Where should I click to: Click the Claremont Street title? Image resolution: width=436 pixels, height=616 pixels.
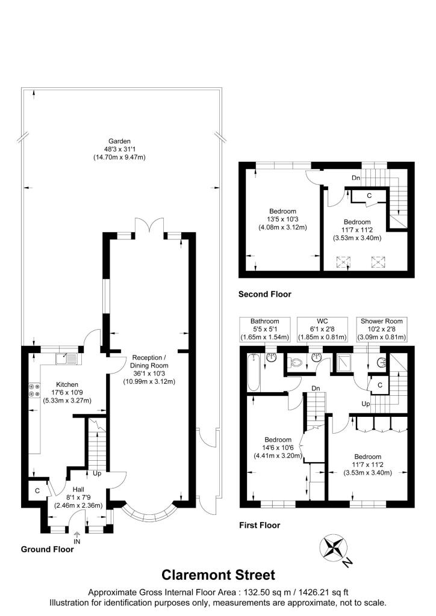pyautogui.click(x=218, y=574)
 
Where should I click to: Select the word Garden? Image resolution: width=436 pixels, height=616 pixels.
pyautogui.click(x=119, y=141)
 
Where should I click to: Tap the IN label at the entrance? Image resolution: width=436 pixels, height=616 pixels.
pyautogui.click(x=77, y=541)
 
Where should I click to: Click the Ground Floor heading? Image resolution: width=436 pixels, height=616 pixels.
pyautogui.click(x=47, y=549)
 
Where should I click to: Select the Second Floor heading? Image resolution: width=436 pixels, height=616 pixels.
pyautogui.click(x=264, y=294)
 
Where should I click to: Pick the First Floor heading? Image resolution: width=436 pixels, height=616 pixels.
pyautogui.click(x=259, y=525)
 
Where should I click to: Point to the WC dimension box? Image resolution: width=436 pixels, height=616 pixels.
pyautogui.click(x=323, y=328)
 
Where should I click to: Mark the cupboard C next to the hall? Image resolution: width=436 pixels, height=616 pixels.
pyautogui.click(x=37, y=490)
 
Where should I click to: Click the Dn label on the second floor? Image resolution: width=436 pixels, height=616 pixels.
pyautogui.click(x=357, y=177)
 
